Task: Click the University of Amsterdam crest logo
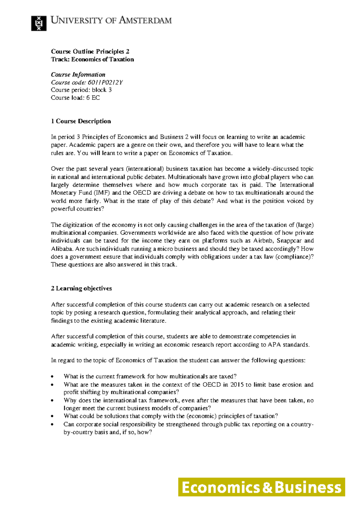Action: (39, 23)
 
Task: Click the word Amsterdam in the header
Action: (145, 20)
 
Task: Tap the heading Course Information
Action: (78, 75)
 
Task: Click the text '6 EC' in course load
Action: (93, 98)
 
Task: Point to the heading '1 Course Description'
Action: (81, 121)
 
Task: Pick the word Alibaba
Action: (61, 249)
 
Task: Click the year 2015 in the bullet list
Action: (237, 385)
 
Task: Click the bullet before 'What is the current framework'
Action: (52, 377)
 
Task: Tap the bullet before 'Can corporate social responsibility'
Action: (52, 425)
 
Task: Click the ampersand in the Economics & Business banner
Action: (267, 487)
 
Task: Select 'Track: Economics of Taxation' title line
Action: (92, 59)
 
